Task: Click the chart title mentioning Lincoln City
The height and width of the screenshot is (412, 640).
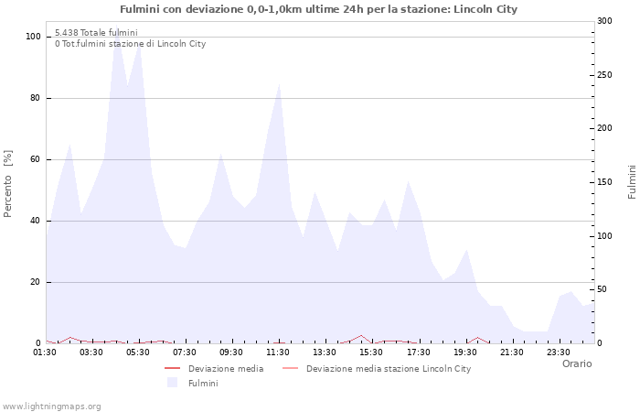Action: (318, 9)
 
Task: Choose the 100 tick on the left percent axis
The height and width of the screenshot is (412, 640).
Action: (33, 37)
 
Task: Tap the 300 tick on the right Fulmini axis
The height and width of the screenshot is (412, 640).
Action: (604, 21)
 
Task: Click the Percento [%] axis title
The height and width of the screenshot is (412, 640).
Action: (8, 183)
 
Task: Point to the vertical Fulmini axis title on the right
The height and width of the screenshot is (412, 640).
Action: (632, 182)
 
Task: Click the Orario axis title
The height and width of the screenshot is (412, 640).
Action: (576, 363)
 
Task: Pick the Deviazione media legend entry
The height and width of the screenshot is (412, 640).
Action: (226, 369)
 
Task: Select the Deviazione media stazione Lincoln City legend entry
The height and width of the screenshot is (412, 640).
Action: (389, 369)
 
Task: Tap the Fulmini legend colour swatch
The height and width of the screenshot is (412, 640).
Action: (172, 383)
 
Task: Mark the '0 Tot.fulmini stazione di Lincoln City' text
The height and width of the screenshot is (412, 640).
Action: (130, 44)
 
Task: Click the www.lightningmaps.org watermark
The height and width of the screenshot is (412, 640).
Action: (51, 406)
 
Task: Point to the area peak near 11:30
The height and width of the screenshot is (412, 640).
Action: (279, 84)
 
